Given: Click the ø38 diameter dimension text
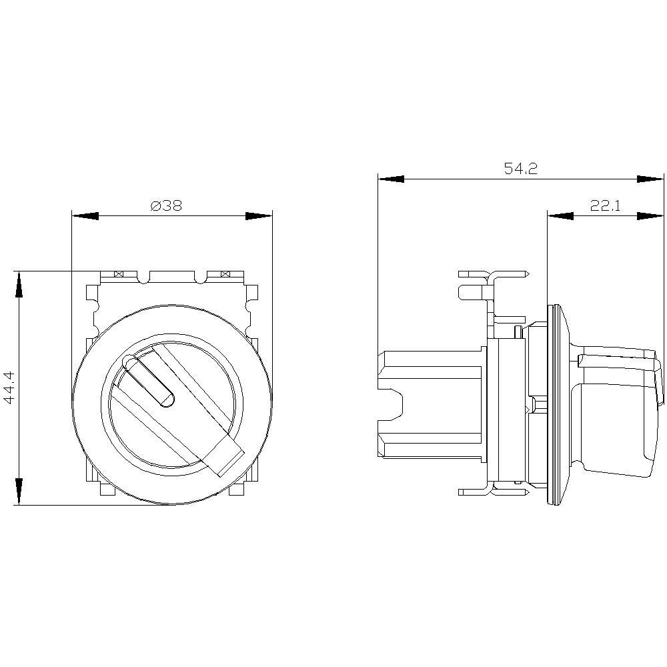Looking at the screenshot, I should [x=166, y=206].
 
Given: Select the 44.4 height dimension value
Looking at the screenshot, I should [x=9, y=388].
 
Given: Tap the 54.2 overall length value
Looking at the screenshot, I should [x=520, y=169].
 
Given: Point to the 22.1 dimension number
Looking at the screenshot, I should [x=605, y=206].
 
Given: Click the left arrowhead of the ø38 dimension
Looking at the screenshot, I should [x=85, y=216].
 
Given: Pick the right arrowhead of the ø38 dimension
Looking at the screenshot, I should [x=259, y=216].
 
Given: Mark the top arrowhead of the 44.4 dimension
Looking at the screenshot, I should [x=20, y=285].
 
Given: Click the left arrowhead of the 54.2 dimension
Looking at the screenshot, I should [x=392, y=179].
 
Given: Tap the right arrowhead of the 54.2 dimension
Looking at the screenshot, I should [x=650, y=179].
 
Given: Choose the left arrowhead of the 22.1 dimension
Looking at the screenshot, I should [x=560, y=216].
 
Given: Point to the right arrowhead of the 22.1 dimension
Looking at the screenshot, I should [x=650, y=216].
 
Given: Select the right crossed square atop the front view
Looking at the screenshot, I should [x=225, y=274].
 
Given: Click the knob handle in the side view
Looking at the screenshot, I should [x=617, y=410].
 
